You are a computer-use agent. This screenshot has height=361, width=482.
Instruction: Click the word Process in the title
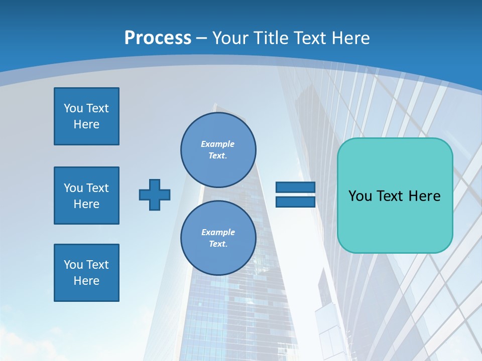pos(158,38)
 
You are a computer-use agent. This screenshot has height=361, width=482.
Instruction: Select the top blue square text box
pos(86,116)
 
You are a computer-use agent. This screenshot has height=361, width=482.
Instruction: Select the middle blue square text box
pos(86,196)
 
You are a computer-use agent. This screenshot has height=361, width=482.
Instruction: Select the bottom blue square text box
pos(86,273)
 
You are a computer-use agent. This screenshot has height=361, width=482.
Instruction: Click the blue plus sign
pos(155,195)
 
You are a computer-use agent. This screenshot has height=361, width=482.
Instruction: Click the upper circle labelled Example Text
pos(218,150)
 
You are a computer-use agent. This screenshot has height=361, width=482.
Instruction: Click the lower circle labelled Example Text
pos(218,238)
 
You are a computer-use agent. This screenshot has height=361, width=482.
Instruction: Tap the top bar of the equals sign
pos(295,188)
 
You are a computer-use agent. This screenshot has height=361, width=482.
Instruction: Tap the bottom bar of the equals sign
pos(295,202)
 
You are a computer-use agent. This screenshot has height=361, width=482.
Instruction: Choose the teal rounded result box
pos(395,221)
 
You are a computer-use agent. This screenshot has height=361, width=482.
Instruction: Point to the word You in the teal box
pos(359,196)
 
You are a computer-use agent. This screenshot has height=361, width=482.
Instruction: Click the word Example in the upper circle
pos(217,144)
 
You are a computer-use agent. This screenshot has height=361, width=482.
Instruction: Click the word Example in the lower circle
pos(218,232)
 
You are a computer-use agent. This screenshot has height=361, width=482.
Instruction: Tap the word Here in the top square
pos(86,124)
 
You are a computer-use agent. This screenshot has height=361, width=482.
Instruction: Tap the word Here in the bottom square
pos(86,281)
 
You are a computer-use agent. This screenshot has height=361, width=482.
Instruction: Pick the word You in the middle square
pos(73,188)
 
